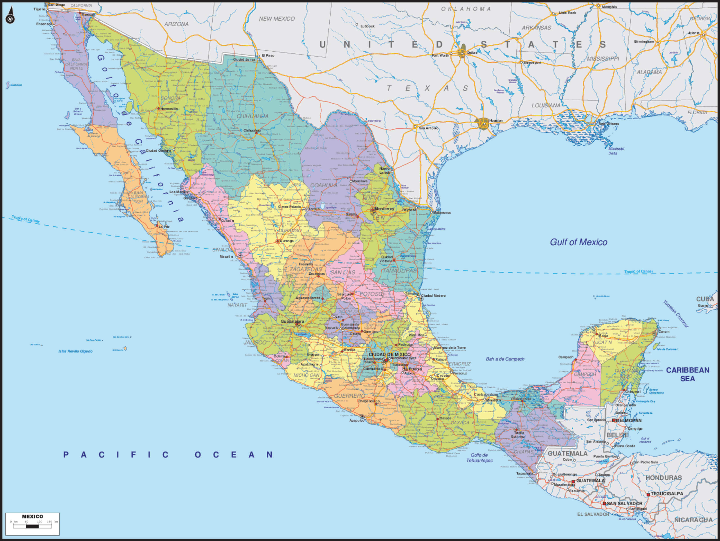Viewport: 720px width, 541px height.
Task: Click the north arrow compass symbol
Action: pyautogui.click(x=10, y=16)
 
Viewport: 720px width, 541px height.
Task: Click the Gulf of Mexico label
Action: pyautogui.click(x=578, y=242)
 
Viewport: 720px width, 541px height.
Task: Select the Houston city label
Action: pyautogui.click(x=496, y=120)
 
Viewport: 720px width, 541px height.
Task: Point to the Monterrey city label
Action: pyautogui.click(x=384, y=209)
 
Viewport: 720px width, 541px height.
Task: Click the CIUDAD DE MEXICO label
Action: pyautogui.click(x=390, y=354)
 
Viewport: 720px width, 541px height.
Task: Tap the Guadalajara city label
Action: pyautogui.click(x=292, y=321)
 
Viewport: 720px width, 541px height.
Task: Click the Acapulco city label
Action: pyautogui.click(x=357, y=421)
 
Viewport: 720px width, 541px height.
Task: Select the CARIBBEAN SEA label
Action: pyautogui.click(x=687, y=374)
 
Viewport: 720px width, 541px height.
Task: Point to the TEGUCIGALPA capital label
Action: pyautogui.click(x=667, y=494)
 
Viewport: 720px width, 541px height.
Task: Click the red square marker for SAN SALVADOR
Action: pyautogui.click(x=604, y=504)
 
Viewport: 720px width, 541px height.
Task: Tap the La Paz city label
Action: pyautogui.click(x=164, y=227)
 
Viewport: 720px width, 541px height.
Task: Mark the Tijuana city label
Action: pyautogui.click(x=39, y=9)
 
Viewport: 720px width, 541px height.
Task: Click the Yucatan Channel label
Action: pyautogui.click(x=676, y=314)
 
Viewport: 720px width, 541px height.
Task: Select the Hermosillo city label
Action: pyautogui.click(x=169, y=109)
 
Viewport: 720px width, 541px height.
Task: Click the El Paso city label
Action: pyautogui.click(x=268, y=55)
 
